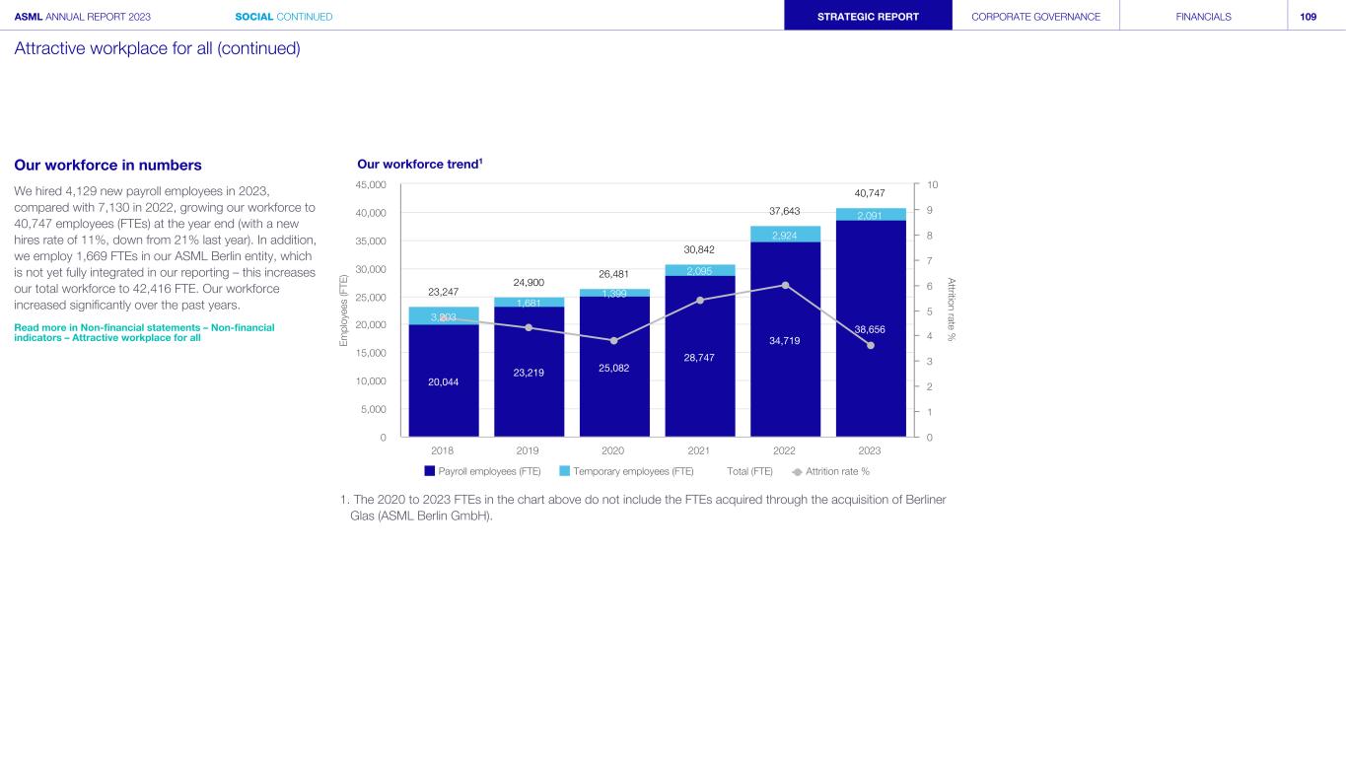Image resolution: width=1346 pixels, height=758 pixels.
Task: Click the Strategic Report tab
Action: [x=868, y=16]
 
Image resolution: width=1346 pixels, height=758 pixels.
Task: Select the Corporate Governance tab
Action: [x=1035, y=16]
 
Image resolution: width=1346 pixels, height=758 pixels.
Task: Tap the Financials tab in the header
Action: [x=1203, y=16]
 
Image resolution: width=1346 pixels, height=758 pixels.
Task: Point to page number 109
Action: [x=1309, y=16]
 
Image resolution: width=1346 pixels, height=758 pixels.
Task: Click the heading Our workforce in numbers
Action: [x=107, y=165]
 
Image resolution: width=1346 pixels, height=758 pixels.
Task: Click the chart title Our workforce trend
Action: [x=418, y=164]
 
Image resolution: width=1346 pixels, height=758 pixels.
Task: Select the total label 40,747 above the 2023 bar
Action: [x=870, y=193]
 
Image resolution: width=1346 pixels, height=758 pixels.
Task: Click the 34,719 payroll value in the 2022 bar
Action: [x=785, y=341]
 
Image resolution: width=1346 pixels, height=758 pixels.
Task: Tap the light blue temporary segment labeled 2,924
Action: [x=785, y=235]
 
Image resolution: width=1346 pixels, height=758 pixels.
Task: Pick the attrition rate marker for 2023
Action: [x=870, y=345]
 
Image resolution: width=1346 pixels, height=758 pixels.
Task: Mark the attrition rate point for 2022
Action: [x=785, y=285]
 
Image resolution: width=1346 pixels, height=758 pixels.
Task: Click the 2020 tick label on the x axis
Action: [x=613, y=450]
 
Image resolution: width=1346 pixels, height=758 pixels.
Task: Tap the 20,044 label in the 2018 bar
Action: [x=443, y=381]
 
